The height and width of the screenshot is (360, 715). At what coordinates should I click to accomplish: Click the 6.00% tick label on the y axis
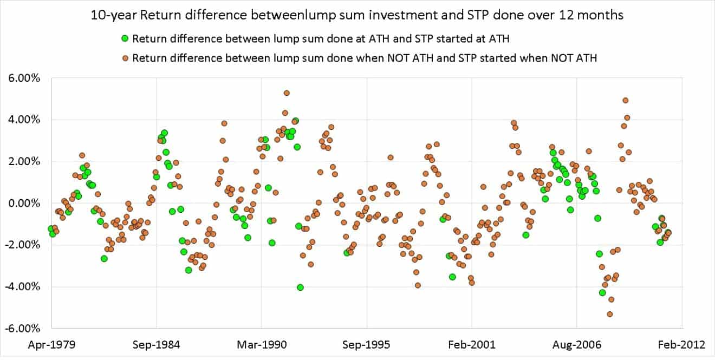pyautogui.click(x=25, y=78)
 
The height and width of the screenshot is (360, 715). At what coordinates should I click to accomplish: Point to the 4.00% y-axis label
pyautogui.click(x=25, y=120)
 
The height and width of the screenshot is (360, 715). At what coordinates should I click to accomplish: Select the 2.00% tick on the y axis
pyautogui.click(x=25, y=161)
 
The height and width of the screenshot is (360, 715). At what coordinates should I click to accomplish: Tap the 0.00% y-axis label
pyautogui.click(x=25, y=203)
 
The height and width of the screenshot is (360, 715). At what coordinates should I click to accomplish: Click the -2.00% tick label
pyautogui.click(x=24, y=245)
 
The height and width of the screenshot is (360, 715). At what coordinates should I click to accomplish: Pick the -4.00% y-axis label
pyautogui.click(x=24, y=286)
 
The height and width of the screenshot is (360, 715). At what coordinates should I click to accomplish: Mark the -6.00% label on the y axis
pyautogui.click(x=24, y=328)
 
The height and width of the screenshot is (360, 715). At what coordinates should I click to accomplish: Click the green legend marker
pyautogui.click(x=125, y=38)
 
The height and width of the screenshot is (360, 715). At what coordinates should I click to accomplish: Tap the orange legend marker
pyautogui.click(x=125, y=58)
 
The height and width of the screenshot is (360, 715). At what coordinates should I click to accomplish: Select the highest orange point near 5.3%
pyautogui.click(x=287, y=93)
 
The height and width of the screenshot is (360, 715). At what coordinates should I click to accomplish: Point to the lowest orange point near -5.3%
pyautogui.click(x=610, y=314)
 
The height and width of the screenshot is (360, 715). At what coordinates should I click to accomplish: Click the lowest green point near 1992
pyautogui.click(x=300, y=287)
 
